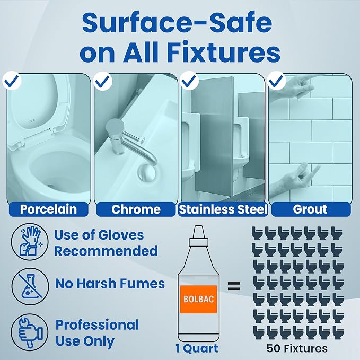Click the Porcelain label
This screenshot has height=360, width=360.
point(48,209)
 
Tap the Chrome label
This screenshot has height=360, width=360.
point(136,209)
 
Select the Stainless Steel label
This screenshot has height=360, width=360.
point(223,209)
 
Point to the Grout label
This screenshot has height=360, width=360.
point(311,209)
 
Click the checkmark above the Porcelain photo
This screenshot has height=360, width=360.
point(12,81)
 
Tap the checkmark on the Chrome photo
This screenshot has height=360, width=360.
point(103,81)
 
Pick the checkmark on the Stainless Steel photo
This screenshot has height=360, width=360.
point(189,81)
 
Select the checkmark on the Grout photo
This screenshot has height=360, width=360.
point(277,81)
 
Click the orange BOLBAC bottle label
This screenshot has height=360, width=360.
point(198,299)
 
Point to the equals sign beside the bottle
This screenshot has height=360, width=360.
point(234,286)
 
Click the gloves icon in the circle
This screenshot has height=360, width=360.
point(30,242)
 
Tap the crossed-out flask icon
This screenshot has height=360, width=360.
point(30,286)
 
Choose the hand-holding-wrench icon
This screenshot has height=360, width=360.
point(30,332)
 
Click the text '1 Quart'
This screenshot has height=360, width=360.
point(197,348)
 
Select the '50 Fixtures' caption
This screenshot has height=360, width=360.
point(297,348)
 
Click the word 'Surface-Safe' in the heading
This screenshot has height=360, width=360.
point(177,22)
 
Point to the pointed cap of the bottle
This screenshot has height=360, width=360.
point(199,232)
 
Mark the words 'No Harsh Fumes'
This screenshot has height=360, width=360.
point(110,284)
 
